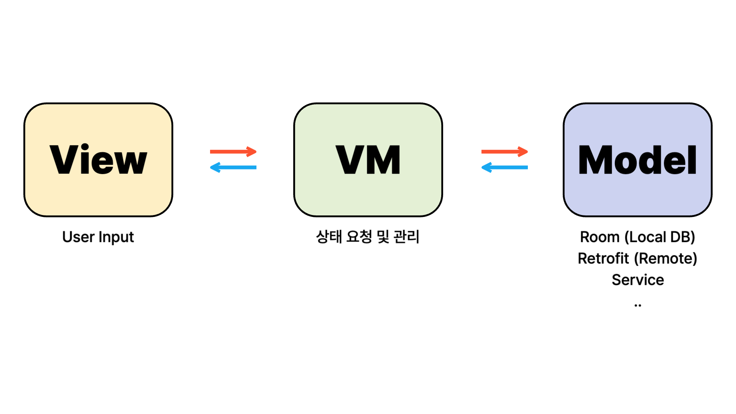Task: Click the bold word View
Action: [x=98, y=159]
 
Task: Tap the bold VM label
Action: [x=368, y=159]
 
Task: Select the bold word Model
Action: [x=637, y=159]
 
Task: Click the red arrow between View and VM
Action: [x=233, y=152]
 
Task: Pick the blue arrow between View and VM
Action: [x=233, y=167]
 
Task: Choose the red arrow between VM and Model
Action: [x=504, y=152]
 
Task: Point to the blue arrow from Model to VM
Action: [x=504, y=167]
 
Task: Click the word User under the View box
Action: [x=78, y=237]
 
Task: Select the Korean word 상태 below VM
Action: [x=329, y=237]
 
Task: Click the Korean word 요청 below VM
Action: [x=359, y=237]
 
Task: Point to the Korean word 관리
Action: [x=406, y=237]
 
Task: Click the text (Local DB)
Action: [x=660, y=237]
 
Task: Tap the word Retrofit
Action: [x=603, y=258]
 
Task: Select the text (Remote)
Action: [x=665, y=258]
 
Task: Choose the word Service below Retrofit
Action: [x=638, y=280]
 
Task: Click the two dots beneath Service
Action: [x=638, y=306]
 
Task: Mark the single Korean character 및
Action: [x=383, y=237]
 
